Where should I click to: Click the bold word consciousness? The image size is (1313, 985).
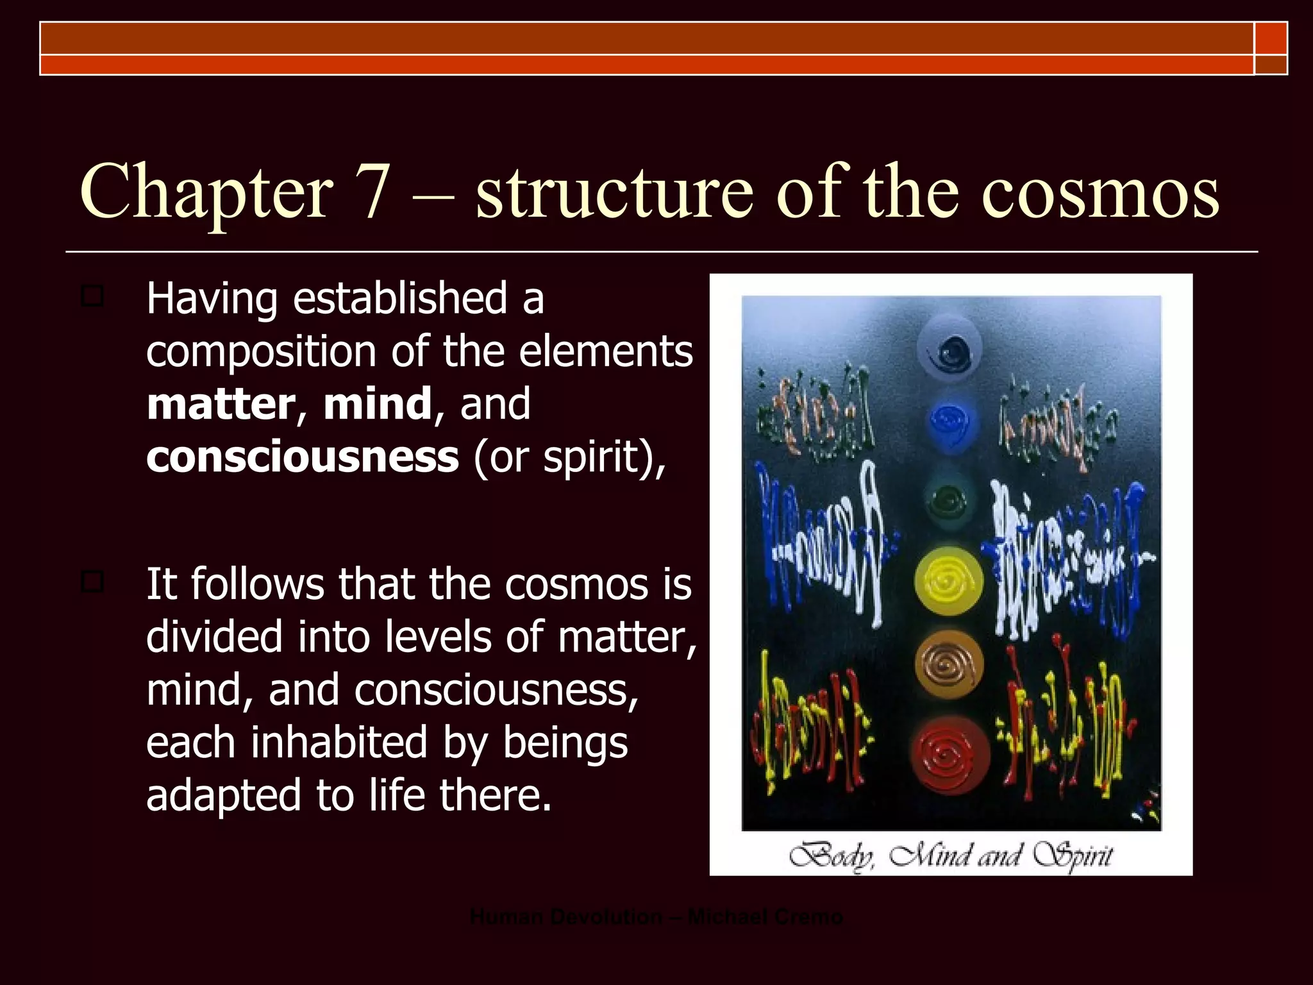pos(303,457)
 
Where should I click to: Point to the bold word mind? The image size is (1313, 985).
pos(377,404)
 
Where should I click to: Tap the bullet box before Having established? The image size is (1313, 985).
pos(92,297)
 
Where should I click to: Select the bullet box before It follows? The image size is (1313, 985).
pos(92,582)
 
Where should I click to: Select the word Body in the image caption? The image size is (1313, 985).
pos(832,856)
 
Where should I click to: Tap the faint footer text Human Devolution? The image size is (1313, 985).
pos(566,917)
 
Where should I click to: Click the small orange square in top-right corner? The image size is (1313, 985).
pos(1271,38)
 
